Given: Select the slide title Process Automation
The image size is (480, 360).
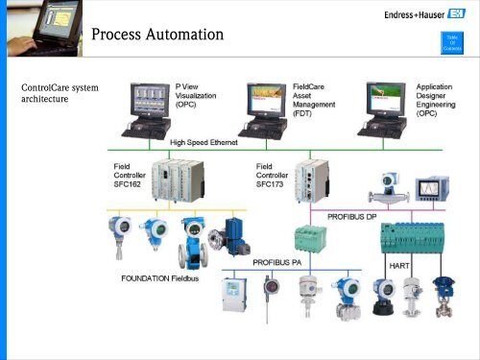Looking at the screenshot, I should coord(158,36).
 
